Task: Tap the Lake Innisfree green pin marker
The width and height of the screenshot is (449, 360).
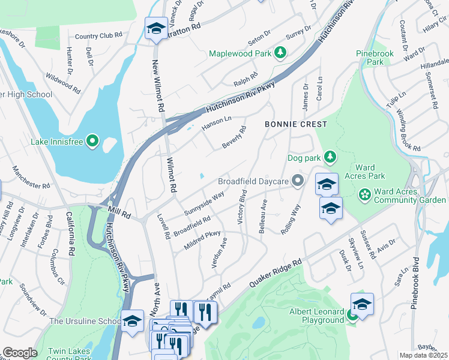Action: click(x=92, y=141)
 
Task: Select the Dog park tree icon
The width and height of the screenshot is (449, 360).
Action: click(x=329, y=158)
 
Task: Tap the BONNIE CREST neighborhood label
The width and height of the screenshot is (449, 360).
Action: click(x=297, y=124)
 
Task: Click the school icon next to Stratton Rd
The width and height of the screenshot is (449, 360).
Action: click(x=156, y=29)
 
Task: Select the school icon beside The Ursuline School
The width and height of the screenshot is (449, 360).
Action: click(x=132, y=320)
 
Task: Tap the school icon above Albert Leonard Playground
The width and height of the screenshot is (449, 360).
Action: click(x=362, y=304)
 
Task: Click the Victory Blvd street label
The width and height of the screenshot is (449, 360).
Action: click(x=243, y=207)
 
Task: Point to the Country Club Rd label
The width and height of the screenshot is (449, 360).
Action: click(x=98, y=36)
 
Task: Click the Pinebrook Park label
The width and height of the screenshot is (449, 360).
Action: click(x=375, y=58)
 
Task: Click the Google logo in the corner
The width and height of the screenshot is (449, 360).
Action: click(x=20, y=353)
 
